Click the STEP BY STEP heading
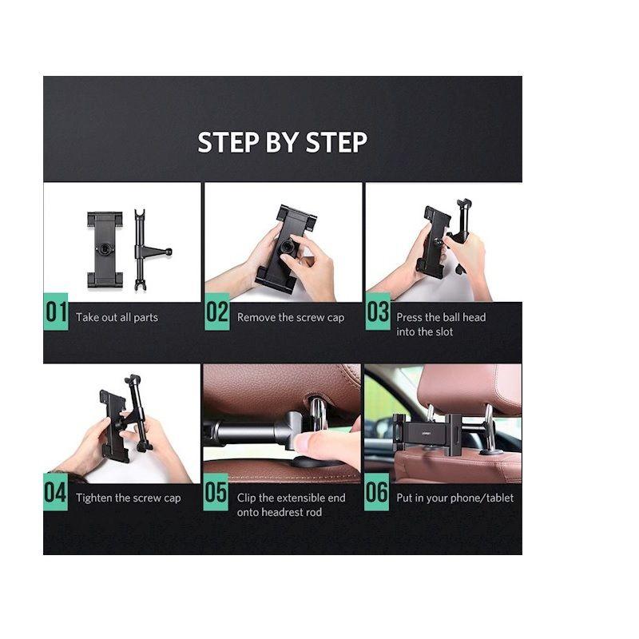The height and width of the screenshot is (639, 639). coord(282,142)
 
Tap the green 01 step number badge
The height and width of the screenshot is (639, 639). coord(55,312)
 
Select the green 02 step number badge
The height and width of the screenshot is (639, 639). coord(216,312)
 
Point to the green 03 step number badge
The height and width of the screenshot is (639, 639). coord(378,311)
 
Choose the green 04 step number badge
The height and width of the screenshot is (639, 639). coord(55,492)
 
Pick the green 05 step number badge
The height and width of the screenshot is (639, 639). coord(216,492)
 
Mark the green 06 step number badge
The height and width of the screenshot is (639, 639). coord(376,492)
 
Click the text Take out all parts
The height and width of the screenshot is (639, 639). coord(117,317)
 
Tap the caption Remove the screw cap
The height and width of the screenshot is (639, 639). coord(291,317)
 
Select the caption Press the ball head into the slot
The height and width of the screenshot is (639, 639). coord(441,324)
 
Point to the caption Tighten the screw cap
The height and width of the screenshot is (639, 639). coord(129,498)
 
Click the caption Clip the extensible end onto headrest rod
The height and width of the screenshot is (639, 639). coord(291,505)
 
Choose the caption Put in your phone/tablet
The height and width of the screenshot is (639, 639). coord(454,498)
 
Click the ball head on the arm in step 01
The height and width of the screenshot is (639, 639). coord(169,252)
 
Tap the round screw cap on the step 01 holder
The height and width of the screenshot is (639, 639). coord(105,248)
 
